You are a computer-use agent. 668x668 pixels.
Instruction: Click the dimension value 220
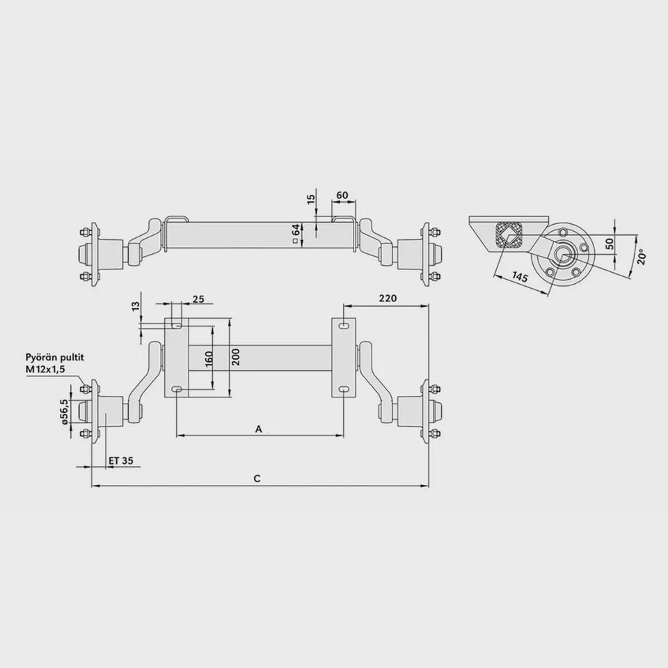(388, 299)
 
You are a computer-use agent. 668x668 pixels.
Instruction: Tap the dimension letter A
(259, 429)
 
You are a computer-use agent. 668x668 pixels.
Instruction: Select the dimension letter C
(257, 479)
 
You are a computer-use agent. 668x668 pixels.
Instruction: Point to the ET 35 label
(121, 461)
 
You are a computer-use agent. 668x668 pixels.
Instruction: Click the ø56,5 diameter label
(64, 411)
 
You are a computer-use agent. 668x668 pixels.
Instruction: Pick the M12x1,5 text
(46, 369)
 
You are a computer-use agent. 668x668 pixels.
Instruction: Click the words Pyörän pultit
(54, 357)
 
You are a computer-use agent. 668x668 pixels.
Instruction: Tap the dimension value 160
(209, 359)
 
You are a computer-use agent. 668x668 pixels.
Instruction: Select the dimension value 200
(237, 357)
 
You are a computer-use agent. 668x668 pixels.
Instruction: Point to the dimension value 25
(198, 299)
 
